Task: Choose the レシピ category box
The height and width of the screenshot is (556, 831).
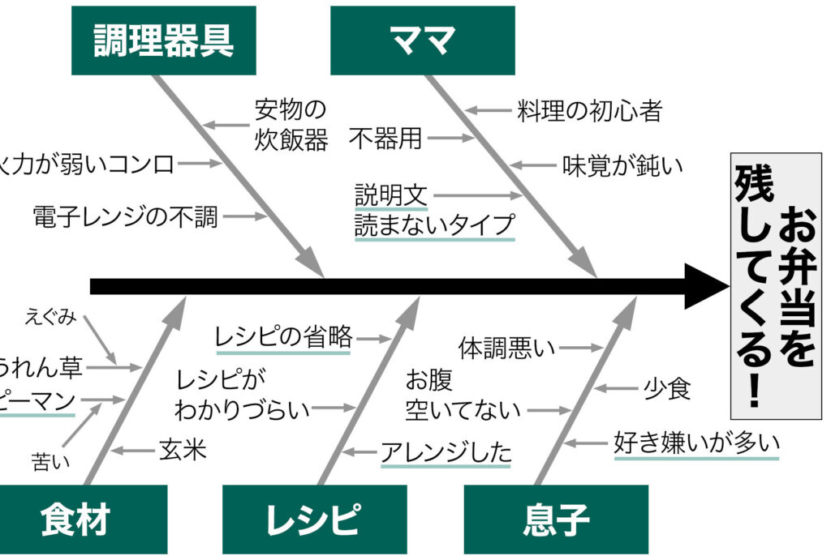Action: pyautogui.click(x=312, y=520)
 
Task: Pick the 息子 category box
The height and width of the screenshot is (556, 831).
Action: pyautogui.click(x=556, y=520)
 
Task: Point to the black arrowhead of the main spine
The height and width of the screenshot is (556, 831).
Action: pyautogui.click(x=706, y=286)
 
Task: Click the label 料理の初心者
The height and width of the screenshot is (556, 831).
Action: pyautogui.click(x=590, y=110)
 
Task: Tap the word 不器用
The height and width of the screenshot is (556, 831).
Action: pyautogui.click(x=385, y=139)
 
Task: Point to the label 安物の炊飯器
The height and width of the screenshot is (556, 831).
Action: pyautogui.click(x=291, y=124)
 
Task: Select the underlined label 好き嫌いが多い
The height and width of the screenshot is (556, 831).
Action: pyautogui.click(x=696, y=443)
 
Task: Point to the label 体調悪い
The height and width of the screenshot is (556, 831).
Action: pyautogui.click(x=507, y=349)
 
